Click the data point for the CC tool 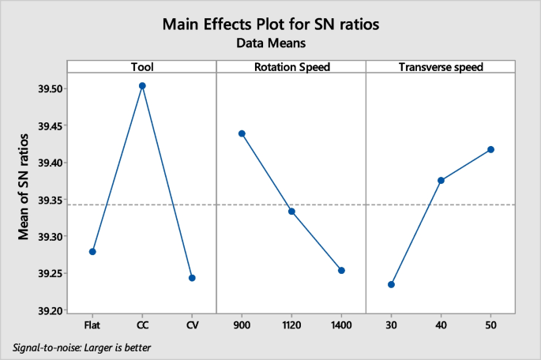point(142,85)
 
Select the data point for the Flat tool point(92,251)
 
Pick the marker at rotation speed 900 point(242,133)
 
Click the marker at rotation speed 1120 point(291,212)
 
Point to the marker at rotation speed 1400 point(341,270)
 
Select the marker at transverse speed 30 point(391,284)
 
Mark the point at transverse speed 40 point(441,181)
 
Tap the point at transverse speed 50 point(490,149)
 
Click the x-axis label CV point(192,324)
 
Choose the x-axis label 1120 point(291,324)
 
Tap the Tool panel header point(142,67)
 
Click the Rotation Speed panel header point(291,67)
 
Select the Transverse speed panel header point(441,67)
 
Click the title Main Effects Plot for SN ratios point(270,24)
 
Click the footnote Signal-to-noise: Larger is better point(82,347)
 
